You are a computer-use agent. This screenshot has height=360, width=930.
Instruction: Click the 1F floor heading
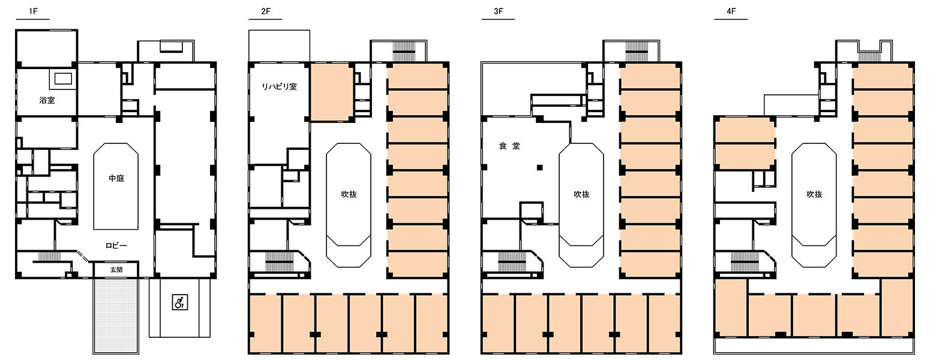click(x=33, y=11)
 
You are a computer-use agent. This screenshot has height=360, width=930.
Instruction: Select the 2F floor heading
click(x=266, y=11)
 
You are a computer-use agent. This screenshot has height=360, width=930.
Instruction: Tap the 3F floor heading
click(x=499, y=11)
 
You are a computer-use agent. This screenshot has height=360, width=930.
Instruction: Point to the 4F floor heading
click(x=731, y=11)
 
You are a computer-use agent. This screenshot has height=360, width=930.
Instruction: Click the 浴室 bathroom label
click(x=47, y=100)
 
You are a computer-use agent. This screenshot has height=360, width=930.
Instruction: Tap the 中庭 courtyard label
click(x=116, y=179)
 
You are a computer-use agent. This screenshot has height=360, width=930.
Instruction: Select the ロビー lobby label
click(x=116, y=246)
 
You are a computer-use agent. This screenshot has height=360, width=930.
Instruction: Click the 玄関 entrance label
click(x=116, y=270)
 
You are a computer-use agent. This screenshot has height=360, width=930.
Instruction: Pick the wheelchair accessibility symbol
click(x=180, y=302)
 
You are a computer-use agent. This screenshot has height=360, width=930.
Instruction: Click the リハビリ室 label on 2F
click(x=279, y=87)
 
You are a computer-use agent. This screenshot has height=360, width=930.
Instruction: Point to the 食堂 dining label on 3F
click(x=509, y=146)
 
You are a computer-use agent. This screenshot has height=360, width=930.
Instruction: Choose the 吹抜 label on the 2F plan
click(x=349, y=194)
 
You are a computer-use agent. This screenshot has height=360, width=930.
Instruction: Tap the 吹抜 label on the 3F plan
click(x=581, y=194)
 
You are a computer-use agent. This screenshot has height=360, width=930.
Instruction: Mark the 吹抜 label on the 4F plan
click(x=814, y=194)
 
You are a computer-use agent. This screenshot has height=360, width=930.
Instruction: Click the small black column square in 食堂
click(x=540, y=168)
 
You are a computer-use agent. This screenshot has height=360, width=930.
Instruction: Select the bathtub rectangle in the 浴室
click(x=63, y=79)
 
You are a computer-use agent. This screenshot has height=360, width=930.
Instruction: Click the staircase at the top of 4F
click(x=867, y=56)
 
